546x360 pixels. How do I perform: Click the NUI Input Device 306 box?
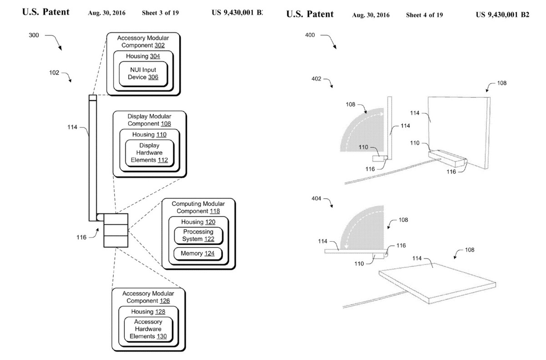tap(143, 74)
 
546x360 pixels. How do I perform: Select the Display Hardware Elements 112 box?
tap(149, 153)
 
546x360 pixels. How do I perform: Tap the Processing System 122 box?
tap(198, 236)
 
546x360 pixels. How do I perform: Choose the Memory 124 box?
tap(197, 254)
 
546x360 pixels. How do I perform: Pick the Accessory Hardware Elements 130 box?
tap(148, 329)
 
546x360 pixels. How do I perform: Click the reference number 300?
tap(34, 35)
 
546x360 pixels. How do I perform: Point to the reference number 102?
tap(54, 73)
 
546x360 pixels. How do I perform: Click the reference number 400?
tap(310, 35)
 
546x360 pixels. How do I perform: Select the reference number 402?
tap(316, 79)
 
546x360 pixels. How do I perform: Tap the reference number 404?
tap(316, 198)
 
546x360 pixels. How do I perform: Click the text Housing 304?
tap(143, 56)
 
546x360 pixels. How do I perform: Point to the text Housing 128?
tap(148, 312)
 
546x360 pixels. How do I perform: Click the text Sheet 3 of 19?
tap(160, 13)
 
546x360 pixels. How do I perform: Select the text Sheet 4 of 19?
tap(425, 15)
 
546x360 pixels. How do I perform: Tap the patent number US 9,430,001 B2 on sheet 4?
tap(502, 15)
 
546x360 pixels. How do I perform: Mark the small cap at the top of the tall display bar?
tap(93, 98)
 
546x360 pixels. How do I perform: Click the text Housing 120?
tap(198, 222)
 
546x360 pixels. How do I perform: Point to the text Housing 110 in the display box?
tap(149, 135)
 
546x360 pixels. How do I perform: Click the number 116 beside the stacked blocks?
tap(81, 238)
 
